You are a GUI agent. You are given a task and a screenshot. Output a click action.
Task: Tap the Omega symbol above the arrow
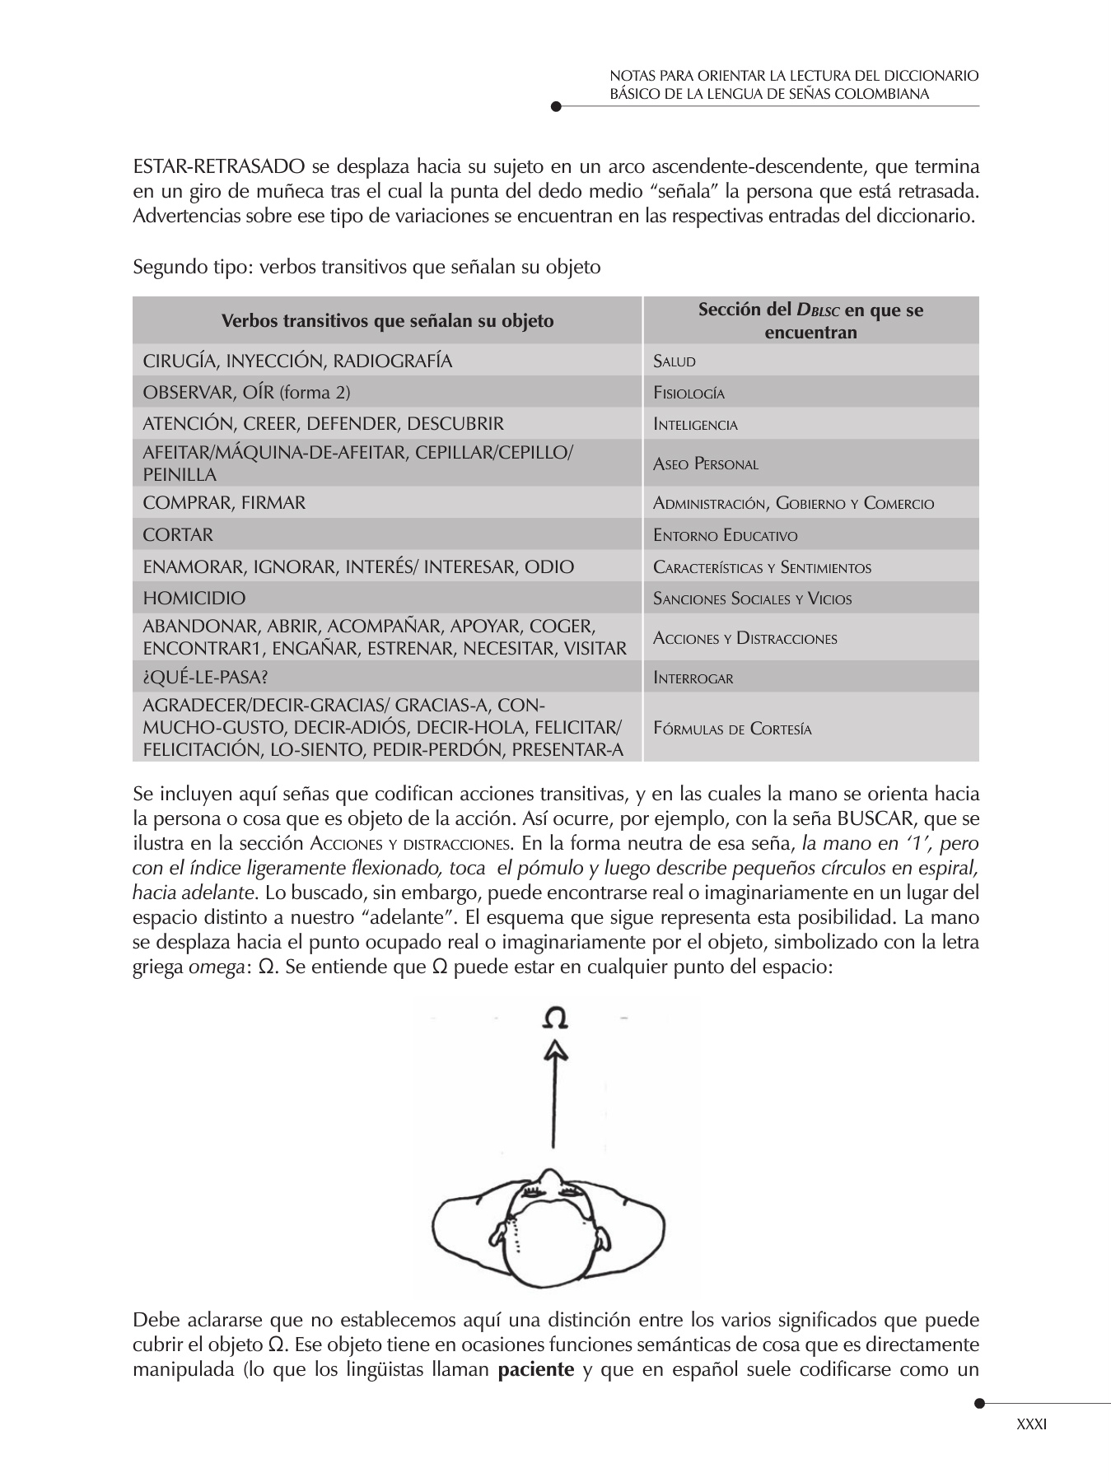(556, 1019)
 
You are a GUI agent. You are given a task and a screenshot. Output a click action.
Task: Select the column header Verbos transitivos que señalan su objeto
(387, 320)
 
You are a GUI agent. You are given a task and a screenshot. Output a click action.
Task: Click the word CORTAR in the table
(178, 535)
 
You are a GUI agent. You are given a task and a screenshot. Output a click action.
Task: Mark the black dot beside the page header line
(556, 106)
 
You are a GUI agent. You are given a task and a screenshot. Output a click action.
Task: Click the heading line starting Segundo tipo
(366, 268)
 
